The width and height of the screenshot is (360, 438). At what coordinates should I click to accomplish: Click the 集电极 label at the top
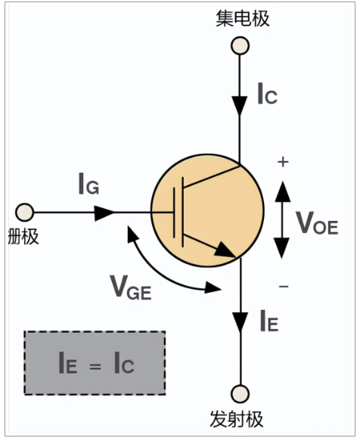point(243,18)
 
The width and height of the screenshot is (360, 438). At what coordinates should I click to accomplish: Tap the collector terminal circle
point(240,45)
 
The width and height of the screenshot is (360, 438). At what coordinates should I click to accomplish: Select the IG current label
point(88,184)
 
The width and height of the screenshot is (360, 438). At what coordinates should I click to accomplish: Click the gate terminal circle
point(24,213)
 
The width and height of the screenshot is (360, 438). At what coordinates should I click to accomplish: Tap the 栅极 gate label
point(23,236)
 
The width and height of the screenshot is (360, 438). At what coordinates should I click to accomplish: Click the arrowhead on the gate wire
point(104,213)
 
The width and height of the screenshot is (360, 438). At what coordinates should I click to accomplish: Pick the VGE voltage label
point(131,287)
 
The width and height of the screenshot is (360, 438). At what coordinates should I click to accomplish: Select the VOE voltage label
point(317,222)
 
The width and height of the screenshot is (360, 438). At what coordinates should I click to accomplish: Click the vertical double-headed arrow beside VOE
point(282,219)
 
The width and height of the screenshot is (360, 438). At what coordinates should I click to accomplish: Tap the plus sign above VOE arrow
point(283,162)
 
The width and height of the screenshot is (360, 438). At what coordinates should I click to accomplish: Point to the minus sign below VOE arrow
point(284,286)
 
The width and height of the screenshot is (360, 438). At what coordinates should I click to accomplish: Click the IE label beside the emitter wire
point(269,321)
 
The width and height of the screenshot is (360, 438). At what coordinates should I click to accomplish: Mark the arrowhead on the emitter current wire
point(241,322)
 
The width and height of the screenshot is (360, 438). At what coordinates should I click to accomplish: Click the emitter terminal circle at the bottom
point(241,394)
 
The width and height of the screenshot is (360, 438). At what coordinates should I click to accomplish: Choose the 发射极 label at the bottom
point(237,419)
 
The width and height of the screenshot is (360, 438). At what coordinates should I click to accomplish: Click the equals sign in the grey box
point(95,365)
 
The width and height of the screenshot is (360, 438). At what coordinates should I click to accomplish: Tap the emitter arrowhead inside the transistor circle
point(225,250)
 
